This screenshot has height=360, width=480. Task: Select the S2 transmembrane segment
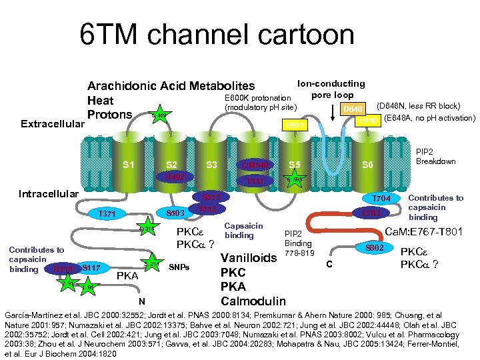click(x=171, y=164)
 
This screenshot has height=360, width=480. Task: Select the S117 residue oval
click(x=91, y=268)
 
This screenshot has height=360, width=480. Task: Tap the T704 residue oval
click(x=381, y=199)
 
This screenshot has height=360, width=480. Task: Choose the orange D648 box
click(x=353, y=108)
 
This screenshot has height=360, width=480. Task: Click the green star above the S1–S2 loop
click(x=160, y=116)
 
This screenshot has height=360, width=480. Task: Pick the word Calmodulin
click(x=253, y=301)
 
